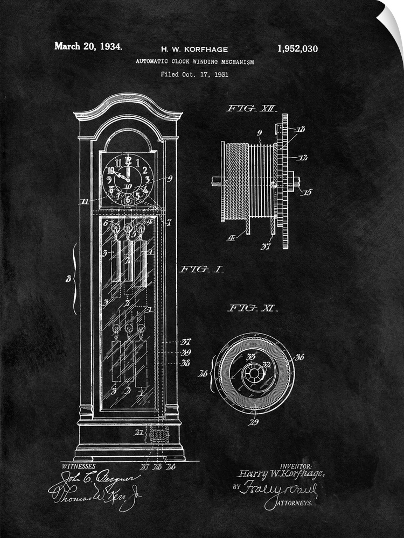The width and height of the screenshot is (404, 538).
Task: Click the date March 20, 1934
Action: tap(88, 46)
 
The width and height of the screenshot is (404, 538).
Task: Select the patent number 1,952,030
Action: tap(297, 49)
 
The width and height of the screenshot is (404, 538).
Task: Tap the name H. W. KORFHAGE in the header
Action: tap(195, 49)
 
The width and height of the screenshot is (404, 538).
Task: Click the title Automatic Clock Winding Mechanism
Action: tap(195, 62)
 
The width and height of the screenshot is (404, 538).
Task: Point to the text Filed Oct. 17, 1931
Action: tap(194, 74)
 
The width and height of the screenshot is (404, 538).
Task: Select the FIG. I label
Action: tap(202, 269)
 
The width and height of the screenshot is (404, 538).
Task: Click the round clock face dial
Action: tap(127, 178)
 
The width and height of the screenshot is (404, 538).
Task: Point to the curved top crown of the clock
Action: tap(128, 105)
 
